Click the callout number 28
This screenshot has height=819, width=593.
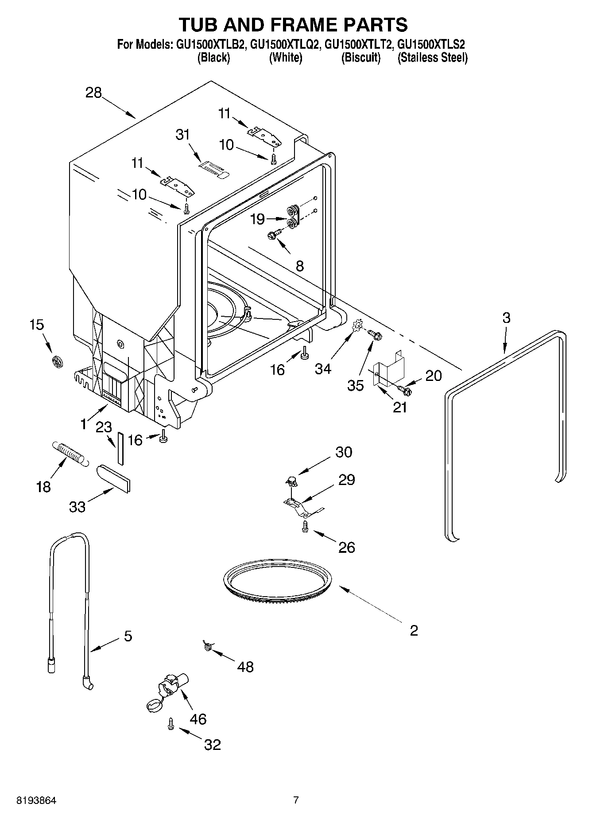pos(93,93)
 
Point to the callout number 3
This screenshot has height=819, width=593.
pos(506,318)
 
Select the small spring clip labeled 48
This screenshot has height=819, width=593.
pos(207,646)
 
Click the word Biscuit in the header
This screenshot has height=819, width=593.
pos(360,58)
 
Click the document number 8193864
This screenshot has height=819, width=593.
pos(36,801)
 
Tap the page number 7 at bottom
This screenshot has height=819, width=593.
pos(296,800)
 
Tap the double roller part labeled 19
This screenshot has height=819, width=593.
pos(293,217)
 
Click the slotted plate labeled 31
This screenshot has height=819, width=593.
pos(213,168)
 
